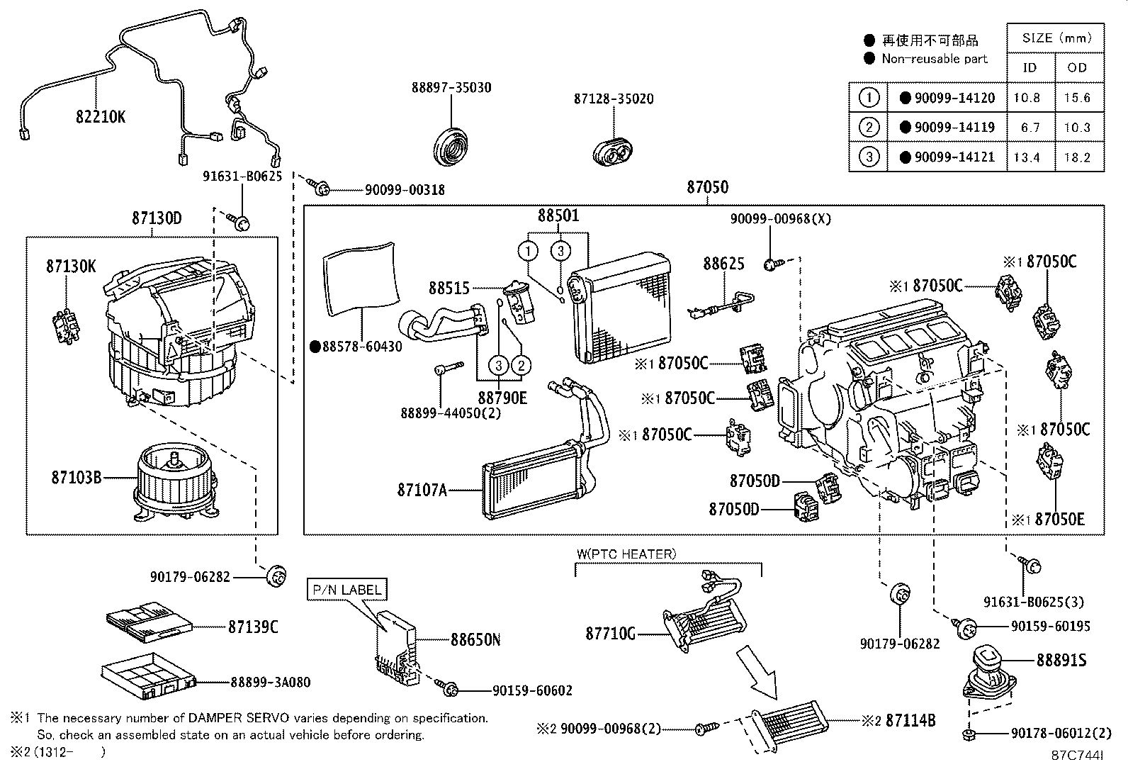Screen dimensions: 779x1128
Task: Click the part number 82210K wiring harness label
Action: (100, 117)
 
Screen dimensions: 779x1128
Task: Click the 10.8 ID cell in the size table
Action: (1027, 98)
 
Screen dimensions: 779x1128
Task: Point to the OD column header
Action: (1076, 68)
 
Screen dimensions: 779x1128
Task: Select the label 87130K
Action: (71, 267)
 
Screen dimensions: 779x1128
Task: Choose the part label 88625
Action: (723, 264)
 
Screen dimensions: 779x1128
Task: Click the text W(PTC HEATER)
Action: (626, 554)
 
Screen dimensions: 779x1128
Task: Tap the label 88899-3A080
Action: (270, 683)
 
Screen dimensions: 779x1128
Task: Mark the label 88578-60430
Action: (362, 347)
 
